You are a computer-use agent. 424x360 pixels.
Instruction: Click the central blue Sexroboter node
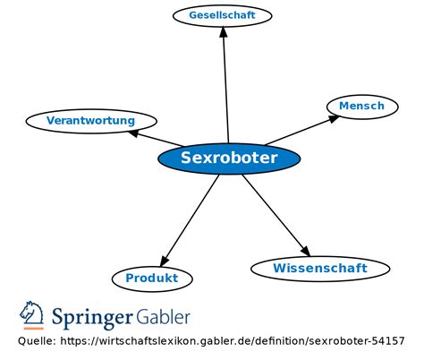pos(229,159)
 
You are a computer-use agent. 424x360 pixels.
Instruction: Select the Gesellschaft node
pos(222,15)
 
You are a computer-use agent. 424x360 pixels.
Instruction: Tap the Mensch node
pos(361,106)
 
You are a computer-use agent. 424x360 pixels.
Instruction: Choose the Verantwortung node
pos(90,120)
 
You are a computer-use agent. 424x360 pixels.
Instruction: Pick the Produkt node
pos(152,279)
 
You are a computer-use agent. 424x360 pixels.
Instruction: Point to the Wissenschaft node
pos(319,268)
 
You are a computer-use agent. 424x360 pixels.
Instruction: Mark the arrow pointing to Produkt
pos(191,219)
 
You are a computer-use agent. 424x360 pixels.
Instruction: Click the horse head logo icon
pos(32,314)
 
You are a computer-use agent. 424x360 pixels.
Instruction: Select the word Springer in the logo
pos(92,318)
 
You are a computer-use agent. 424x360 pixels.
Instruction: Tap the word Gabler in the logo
pos(163,317)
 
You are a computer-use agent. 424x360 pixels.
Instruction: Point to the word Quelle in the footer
pos(37,342)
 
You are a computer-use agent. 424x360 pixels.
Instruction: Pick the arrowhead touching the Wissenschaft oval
pos(306,252)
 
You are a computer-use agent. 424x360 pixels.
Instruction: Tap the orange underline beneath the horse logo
pos(32,329)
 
